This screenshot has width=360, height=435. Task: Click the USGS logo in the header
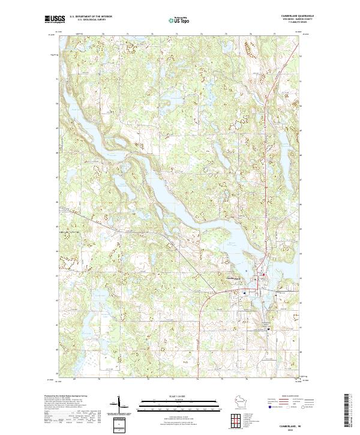pos(53,20)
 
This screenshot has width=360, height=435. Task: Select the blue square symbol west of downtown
pos(244,292)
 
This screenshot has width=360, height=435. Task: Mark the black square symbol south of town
pos(268,329)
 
